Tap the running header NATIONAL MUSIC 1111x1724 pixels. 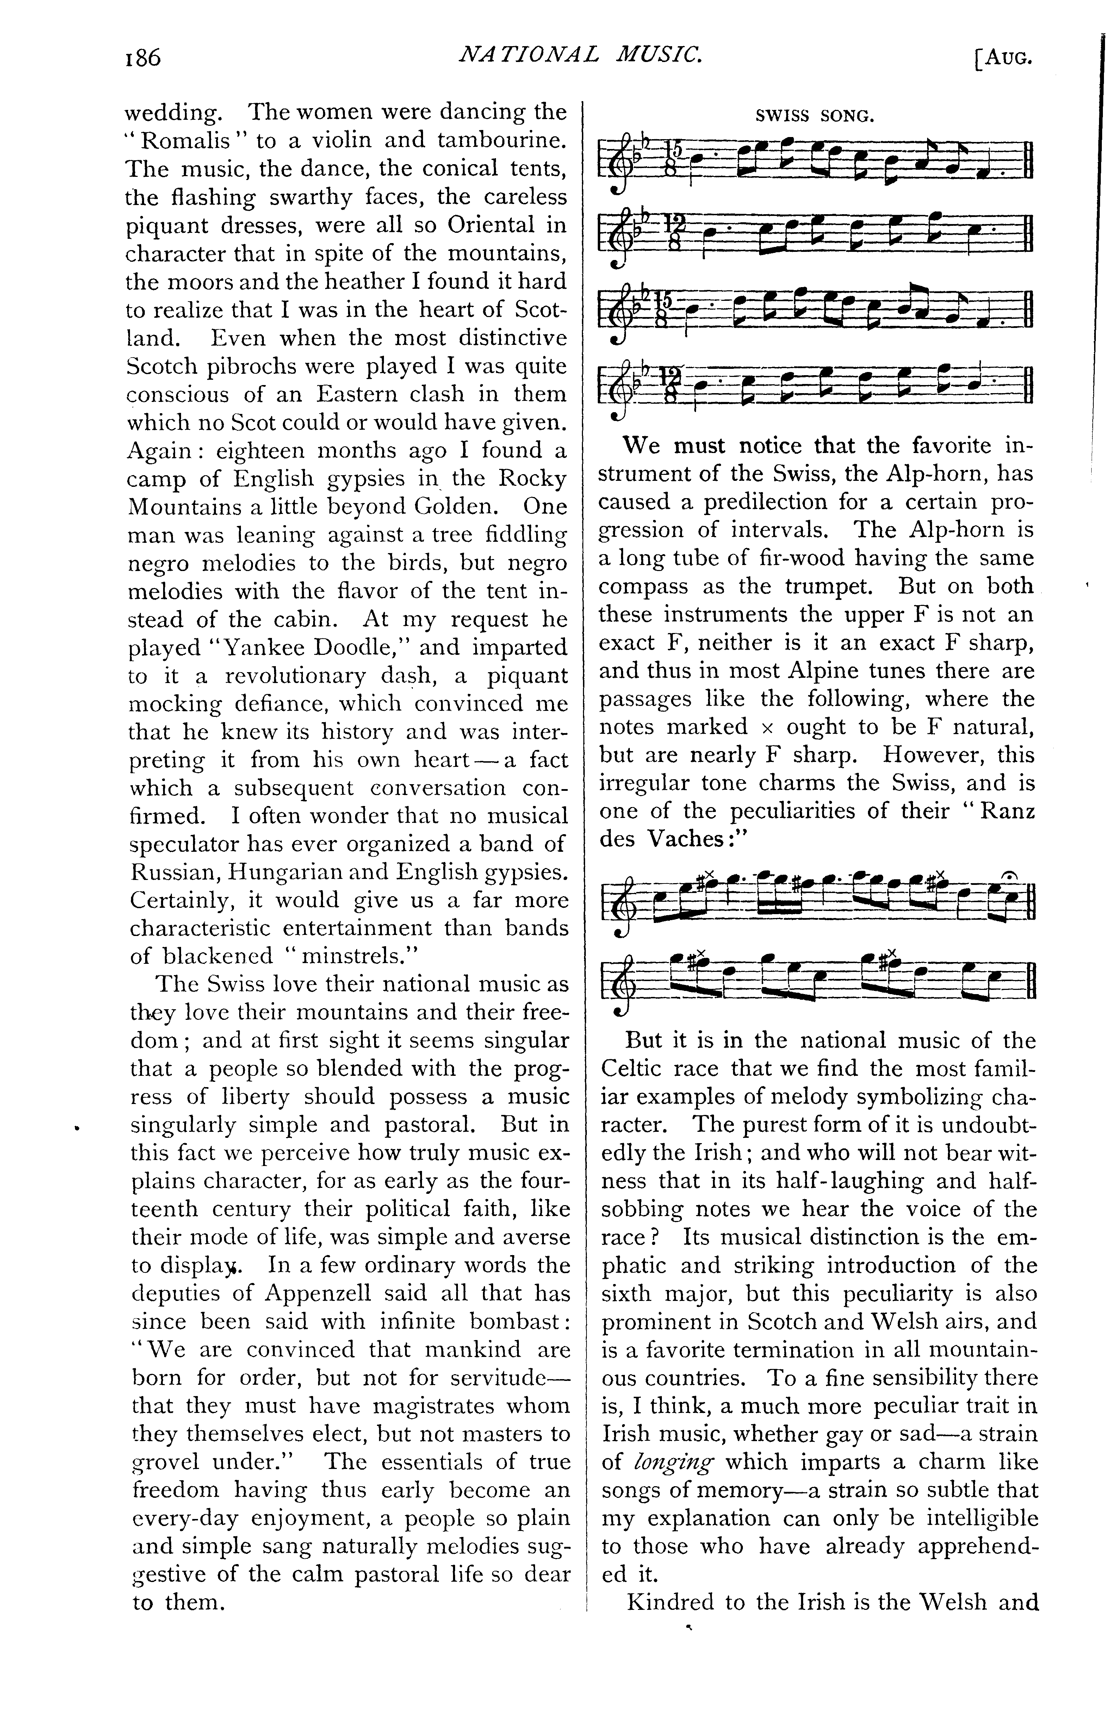point(582,54)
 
